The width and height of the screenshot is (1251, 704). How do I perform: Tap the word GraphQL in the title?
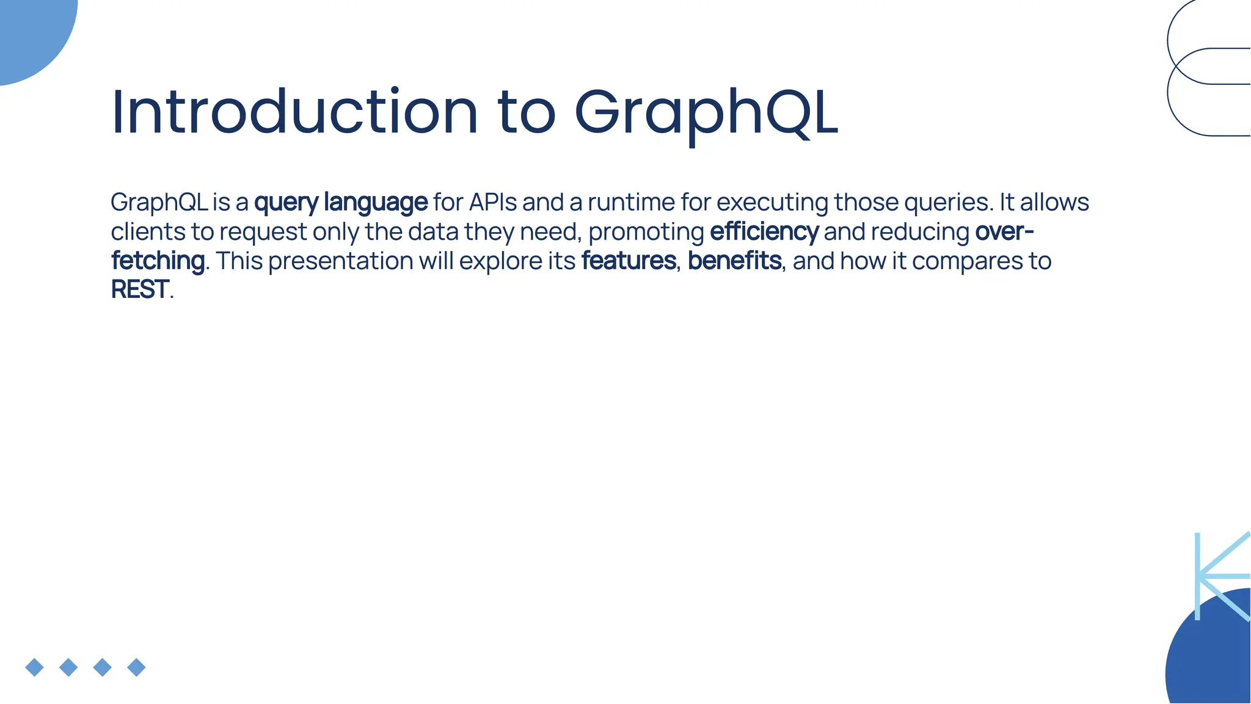(707, 113)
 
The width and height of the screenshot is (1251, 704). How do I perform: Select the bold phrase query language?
(341, 202)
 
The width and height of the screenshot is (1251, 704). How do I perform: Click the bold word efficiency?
(764, 232)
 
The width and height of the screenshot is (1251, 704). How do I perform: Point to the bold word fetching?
(158, 261)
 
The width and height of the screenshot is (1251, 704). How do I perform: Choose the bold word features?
(629, 261)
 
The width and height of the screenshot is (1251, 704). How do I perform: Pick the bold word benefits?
(734, 261)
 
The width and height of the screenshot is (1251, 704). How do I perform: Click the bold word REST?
(140, 289)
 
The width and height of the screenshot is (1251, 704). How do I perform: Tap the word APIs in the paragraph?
(493, 202)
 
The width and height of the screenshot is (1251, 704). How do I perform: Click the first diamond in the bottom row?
(35, 667)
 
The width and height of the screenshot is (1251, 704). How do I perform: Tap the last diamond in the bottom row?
(136, 667)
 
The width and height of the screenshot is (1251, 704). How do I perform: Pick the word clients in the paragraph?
(147, 232)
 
